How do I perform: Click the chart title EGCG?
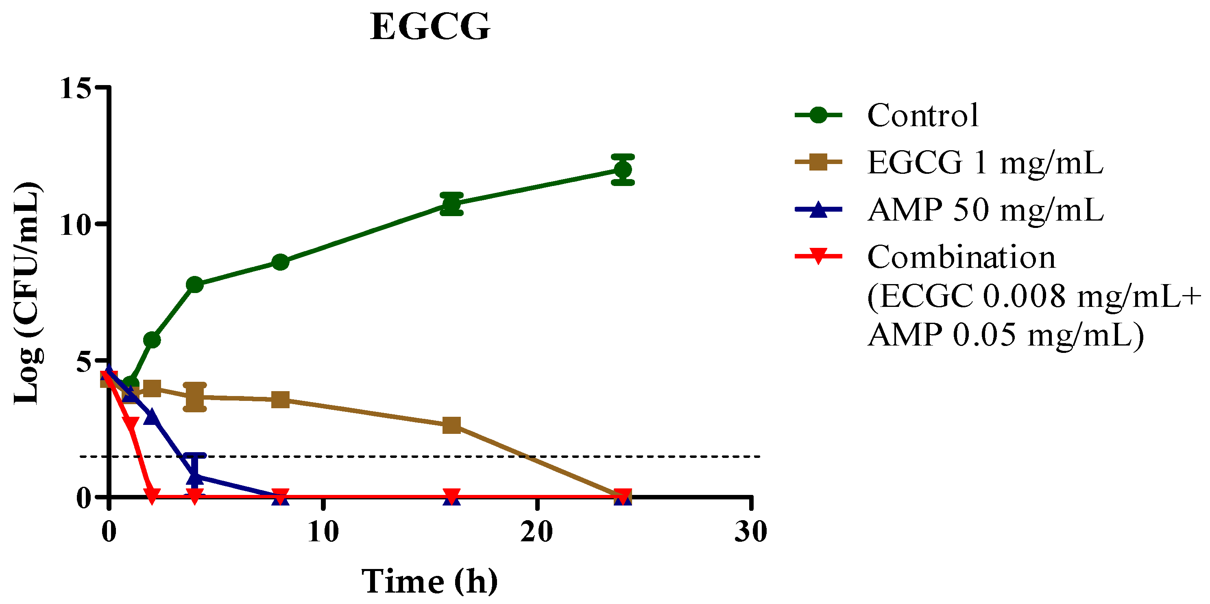point(430,27)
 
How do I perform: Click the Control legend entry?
point(922,115)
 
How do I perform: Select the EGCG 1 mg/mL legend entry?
point(985,163)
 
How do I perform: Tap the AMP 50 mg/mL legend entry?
point(985,210)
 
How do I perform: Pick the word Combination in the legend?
point(961,258)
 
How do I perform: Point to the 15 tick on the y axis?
point(75,88)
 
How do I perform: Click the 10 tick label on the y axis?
point(75,225)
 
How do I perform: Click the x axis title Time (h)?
point(430,582)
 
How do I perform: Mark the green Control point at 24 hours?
point(623,170)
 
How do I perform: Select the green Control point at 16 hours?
point(451,204)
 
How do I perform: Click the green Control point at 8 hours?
point(280,262)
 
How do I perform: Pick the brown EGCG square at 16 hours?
point(451,425)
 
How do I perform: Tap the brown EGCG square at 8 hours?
point(280,400)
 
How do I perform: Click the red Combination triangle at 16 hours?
point(451,495)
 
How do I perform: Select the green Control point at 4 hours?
point(195,284)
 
